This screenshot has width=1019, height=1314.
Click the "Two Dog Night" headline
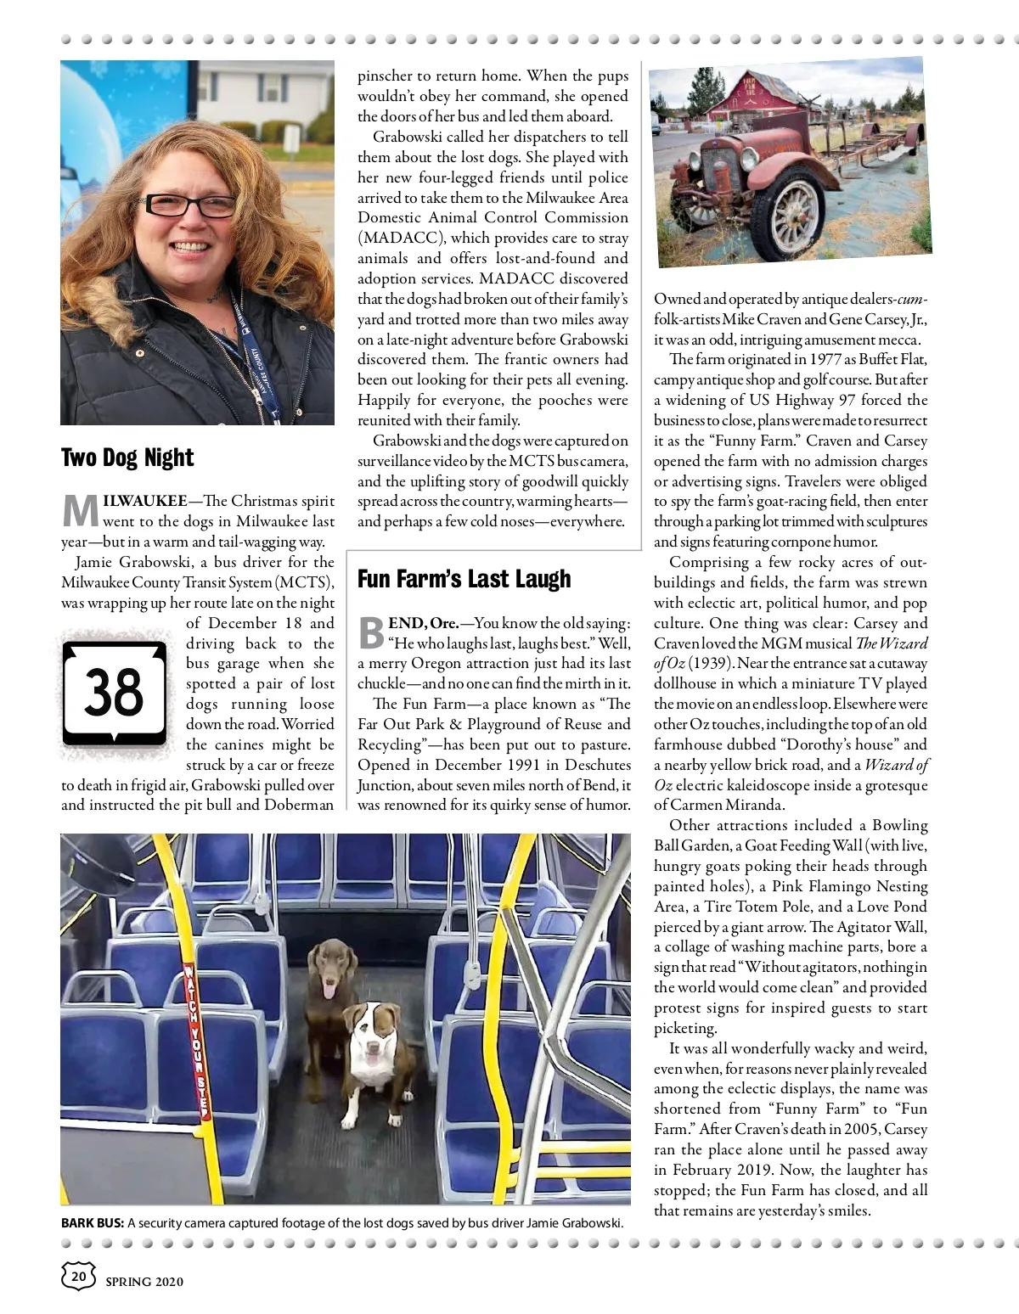point(127,458)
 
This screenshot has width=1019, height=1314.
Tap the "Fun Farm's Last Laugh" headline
point(464,580)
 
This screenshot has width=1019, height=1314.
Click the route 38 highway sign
point(115,692)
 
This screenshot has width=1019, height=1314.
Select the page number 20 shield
point(77,1275)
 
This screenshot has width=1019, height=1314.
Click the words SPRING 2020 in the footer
point(144,1282)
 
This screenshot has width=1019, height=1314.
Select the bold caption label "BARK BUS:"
point(93,1223)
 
